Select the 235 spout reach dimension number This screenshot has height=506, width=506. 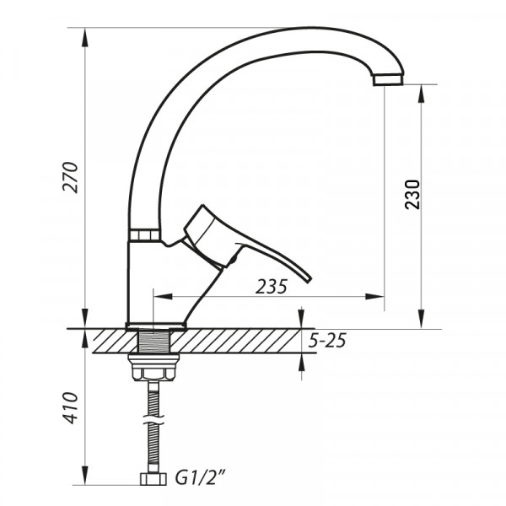pyautogui.click(x=271, y=286)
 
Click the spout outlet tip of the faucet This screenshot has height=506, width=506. pyautogui.click(x=388, y=79)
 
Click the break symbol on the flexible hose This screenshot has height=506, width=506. pyautogui.click(x=153, y=418)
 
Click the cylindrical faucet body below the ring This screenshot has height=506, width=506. pyautogui.click(x=145, y=278)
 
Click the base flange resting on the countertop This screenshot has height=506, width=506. pyautogui.click(x=156, y=325)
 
